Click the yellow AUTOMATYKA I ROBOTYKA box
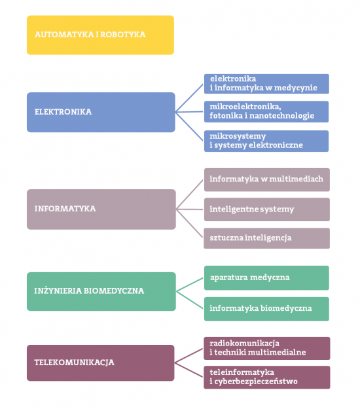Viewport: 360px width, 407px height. coord(100,35)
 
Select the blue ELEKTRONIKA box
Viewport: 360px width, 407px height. coord(101,112)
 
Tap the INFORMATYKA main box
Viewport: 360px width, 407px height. coord(101,209)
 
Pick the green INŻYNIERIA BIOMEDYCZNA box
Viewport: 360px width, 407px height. coord(101,291)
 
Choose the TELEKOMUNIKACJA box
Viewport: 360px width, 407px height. coord(101,363)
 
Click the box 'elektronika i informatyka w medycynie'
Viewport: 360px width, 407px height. coord(266,84)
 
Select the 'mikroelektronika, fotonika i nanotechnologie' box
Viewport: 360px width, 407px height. coord(266,112)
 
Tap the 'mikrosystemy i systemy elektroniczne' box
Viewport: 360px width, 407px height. coord(266,141)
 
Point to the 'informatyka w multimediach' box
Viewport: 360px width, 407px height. coord(267,180)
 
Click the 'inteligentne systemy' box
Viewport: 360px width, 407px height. coord(267,209)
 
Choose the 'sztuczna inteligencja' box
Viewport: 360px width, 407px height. coord(267,238)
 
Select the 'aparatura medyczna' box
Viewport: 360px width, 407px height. coord(266,277)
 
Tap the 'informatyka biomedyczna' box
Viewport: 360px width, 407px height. coord(266,309)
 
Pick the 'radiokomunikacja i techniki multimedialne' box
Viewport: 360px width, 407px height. coord(267,348)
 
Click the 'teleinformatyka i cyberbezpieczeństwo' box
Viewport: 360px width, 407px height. coord(267,378)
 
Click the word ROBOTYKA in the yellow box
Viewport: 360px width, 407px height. coord(122,35)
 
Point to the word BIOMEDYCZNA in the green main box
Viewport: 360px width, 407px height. coord(114,291)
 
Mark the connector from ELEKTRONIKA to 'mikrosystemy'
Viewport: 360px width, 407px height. coord(189,126)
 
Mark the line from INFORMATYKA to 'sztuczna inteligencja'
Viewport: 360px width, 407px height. coord(190,223)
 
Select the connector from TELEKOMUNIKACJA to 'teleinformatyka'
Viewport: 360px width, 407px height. coord(189,370)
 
